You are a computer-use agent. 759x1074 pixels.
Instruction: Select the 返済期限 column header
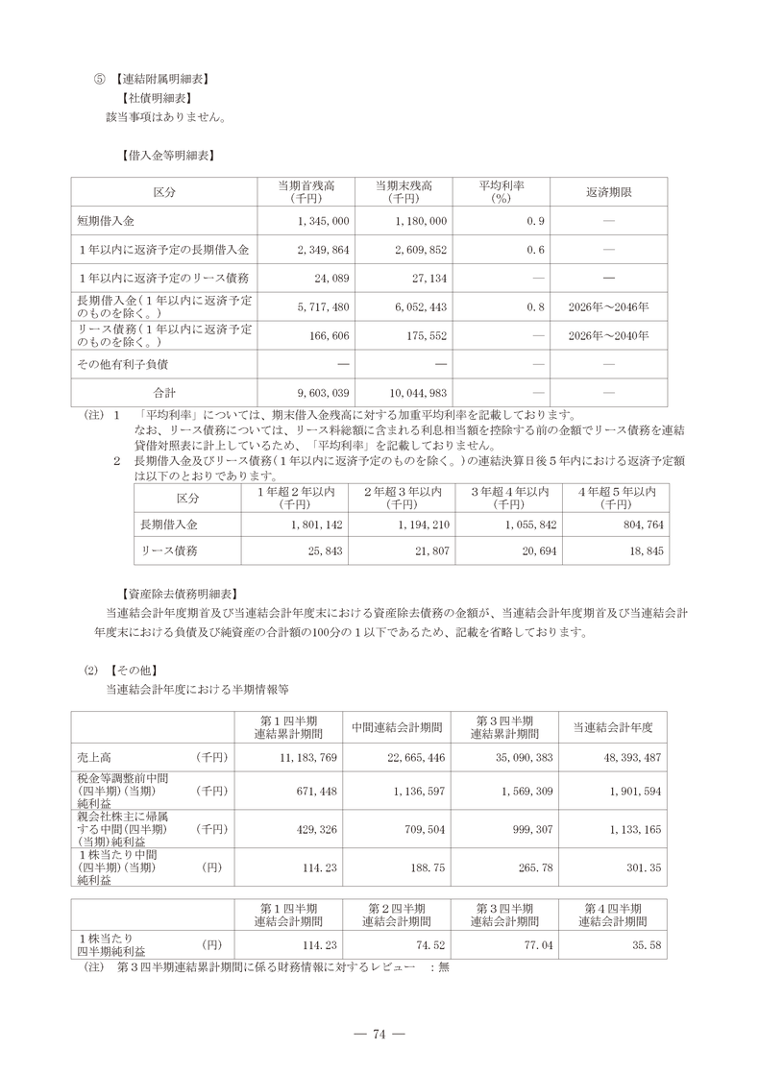[608, 191]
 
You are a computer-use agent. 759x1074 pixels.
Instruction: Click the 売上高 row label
[96, 757]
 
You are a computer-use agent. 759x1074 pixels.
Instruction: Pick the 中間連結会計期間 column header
[397, 726]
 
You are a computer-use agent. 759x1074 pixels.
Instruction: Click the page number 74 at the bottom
[379, 1034]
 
